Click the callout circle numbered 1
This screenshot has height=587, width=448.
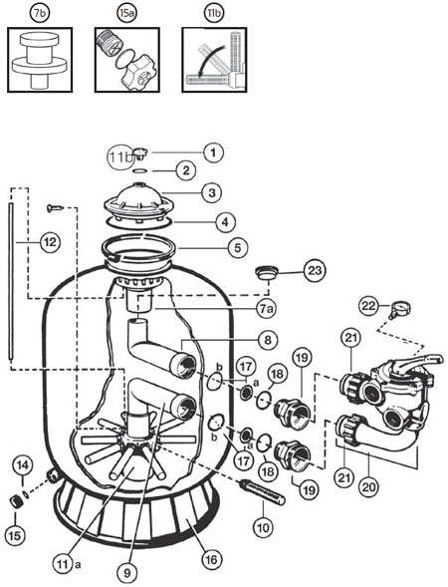click(x=213, y=152)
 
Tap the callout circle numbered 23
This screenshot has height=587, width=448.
click(x=315, y=270)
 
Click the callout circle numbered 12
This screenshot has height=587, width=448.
click(x=50, y=242)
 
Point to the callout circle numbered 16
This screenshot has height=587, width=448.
click(x=211, y=559)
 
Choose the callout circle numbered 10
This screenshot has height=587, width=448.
click(x=263, y=528)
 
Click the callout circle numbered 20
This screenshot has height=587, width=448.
click(x=369, y=487)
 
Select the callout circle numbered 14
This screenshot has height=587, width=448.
click(x=23, y=465)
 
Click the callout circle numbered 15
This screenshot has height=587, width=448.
click(x=15, y=535)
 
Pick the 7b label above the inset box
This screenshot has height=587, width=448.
click(x=40, y=14)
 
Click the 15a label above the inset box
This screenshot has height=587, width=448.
click(x=126, y=14)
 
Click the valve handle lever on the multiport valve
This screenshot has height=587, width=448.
click(x=422, y=362)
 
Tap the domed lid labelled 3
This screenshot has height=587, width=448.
click(x=139, y=202)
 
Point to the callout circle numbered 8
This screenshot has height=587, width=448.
click(x=268, y=340)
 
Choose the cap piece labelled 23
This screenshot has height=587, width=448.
click(x=266, y=272)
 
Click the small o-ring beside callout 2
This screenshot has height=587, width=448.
click(x=139, y=171)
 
